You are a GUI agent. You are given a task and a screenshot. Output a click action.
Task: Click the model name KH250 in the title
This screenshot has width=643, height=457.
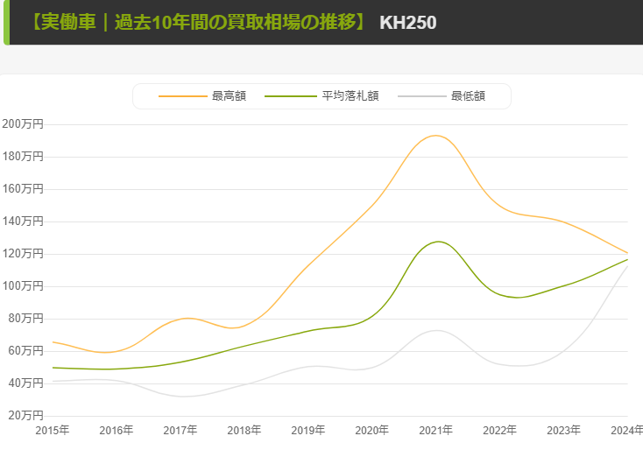click(x=407, y=22)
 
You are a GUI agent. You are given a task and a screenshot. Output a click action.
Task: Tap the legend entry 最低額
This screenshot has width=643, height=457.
click(x=468, y=96)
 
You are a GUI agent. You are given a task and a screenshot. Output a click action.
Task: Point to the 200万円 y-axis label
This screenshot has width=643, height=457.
click(x=22, y=124)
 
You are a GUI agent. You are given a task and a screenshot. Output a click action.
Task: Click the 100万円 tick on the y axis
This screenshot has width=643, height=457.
click(x=22, y=286)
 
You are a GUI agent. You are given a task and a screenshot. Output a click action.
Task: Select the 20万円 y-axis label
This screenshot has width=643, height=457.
click(x=25, y=415)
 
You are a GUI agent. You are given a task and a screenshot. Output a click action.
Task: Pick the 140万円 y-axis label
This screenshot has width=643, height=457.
click(x=22, y=221)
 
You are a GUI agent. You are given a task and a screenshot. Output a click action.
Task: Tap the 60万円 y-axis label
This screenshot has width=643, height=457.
click(x=25, y=350)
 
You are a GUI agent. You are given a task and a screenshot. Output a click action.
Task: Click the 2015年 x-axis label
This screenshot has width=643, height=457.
click(x=53, y=430)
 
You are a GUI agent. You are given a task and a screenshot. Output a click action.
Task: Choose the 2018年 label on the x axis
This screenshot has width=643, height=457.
click(x=244, y=430)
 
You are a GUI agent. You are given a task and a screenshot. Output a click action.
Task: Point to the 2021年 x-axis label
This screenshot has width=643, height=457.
click(x=435, y=430)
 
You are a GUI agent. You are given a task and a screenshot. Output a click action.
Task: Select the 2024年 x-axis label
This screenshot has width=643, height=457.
click(x=625, y=430)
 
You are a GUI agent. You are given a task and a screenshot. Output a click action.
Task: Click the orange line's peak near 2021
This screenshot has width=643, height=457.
click(x=435, y=135)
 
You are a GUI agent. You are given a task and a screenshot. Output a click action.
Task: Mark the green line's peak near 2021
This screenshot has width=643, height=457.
click(x=438, y=241)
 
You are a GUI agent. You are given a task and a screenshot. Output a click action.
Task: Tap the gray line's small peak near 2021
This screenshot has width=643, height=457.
click(x=436, y=330)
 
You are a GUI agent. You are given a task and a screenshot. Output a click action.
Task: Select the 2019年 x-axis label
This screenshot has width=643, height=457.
click(x=308, y=430)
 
